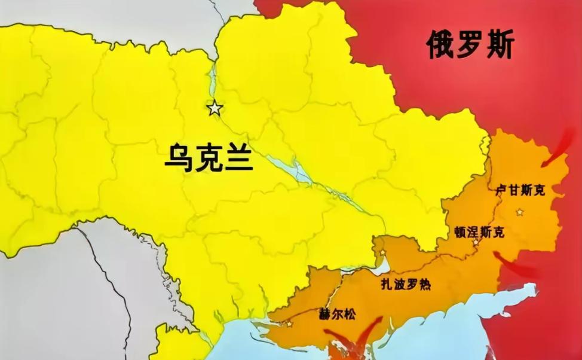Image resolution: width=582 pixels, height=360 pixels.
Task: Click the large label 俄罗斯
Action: [470, 45]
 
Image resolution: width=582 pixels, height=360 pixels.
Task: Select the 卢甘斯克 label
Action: [520, 190]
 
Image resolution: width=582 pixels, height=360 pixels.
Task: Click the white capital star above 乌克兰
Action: [215, 109]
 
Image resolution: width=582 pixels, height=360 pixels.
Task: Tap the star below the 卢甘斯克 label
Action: [520, 212]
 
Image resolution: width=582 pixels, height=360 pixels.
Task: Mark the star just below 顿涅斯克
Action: [476, 243]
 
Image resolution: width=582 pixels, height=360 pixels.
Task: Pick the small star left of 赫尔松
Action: [290, 324]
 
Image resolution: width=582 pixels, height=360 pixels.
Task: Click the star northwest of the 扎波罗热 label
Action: [382, 253]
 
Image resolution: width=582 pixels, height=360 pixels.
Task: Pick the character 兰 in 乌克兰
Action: [238, 158]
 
